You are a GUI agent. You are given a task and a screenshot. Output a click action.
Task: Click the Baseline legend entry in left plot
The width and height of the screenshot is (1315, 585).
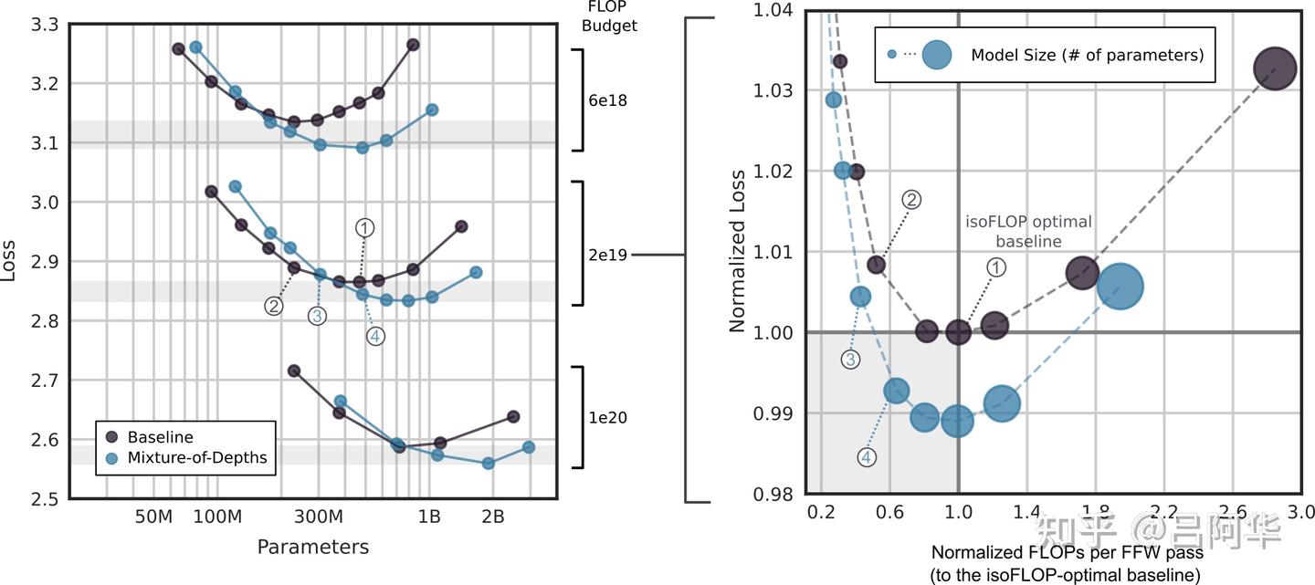[160, 437]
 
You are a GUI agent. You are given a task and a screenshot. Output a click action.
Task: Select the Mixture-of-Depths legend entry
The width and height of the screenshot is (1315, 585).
[196, 457]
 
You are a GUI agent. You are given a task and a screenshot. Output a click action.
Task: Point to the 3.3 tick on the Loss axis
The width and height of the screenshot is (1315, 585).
[42, 25]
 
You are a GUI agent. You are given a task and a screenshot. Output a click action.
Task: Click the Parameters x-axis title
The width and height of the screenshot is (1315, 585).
[313, 547]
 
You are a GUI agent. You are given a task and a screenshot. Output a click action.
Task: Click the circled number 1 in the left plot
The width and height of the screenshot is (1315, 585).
[364, 227]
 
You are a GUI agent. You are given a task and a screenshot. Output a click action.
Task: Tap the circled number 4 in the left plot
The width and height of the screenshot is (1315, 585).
[375, 336]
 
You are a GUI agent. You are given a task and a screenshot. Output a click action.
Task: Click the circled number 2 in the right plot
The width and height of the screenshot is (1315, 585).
[910, 200]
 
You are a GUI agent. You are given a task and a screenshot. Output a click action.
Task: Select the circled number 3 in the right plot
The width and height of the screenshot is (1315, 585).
[850, 360]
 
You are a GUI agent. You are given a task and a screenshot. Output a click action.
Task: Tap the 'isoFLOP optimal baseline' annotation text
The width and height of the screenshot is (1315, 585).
[1028, 232]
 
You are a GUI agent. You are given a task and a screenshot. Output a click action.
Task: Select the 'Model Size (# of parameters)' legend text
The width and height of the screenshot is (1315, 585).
[1087, 55]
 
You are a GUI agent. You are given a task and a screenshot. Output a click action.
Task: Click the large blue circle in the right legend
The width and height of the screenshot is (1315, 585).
[936, 55]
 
